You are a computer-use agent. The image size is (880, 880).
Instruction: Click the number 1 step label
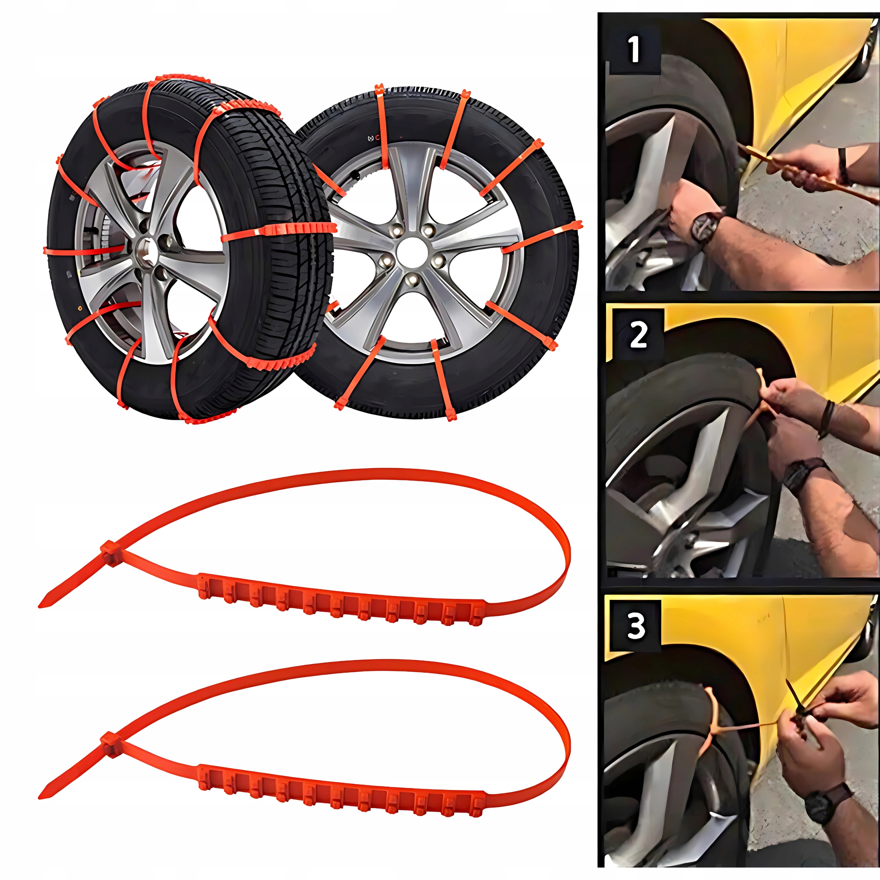click(634, 50)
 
